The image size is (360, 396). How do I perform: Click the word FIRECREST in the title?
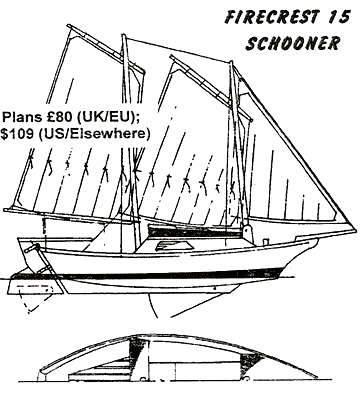[x=268, y=17]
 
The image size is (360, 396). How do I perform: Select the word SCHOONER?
[x=293, y=43]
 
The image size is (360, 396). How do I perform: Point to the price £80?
[x=55, y=117]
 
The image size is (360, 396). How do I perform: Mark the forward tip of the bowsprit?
[x=355, y=229]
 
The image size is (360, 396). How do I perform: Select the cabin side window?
[x=174, y=246]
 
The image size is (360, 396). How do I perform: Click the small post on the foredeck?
[x=266, y=241]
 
